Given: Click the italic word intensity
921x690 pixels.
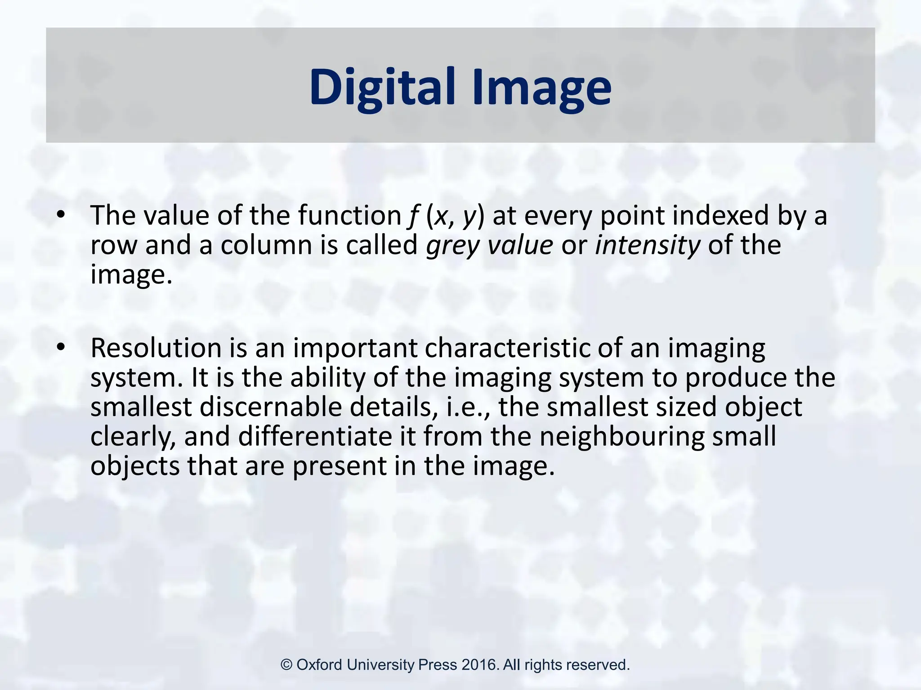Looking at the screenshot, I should (647, 245).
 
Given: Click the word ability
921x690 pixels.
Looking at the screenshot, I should (328, 379).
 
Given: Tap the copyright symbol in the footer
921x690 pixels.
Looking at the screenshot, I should (286, 665).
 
